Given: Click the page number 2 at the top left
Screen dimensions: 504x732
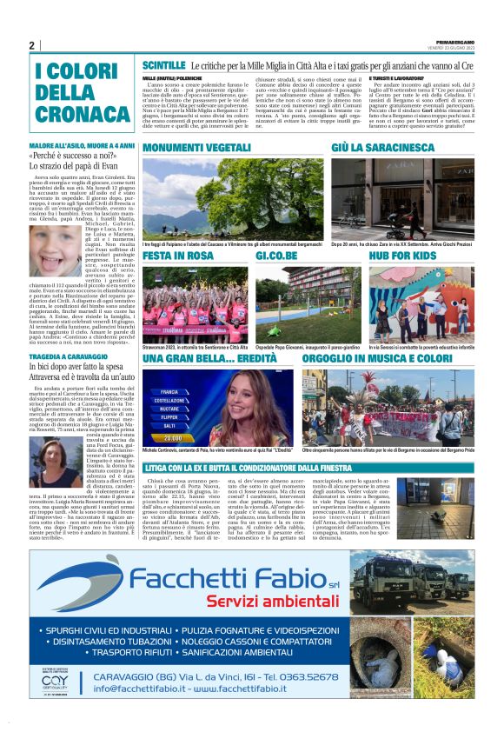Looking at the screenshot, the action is point(31,45).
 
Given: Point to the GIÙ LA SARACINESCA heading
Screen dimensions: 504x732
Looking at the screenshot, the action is point(377,150).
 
